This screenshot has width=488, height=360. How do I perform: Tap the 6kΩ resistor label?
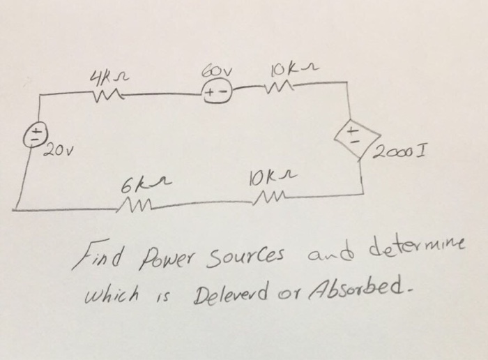[x=139, y=185]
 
